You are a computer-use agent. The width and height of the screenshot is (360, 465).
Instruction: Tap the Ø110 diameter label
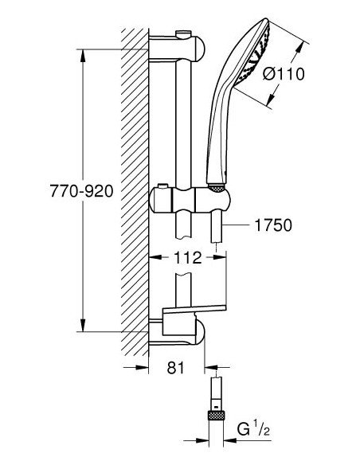(x=284, y=73)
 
